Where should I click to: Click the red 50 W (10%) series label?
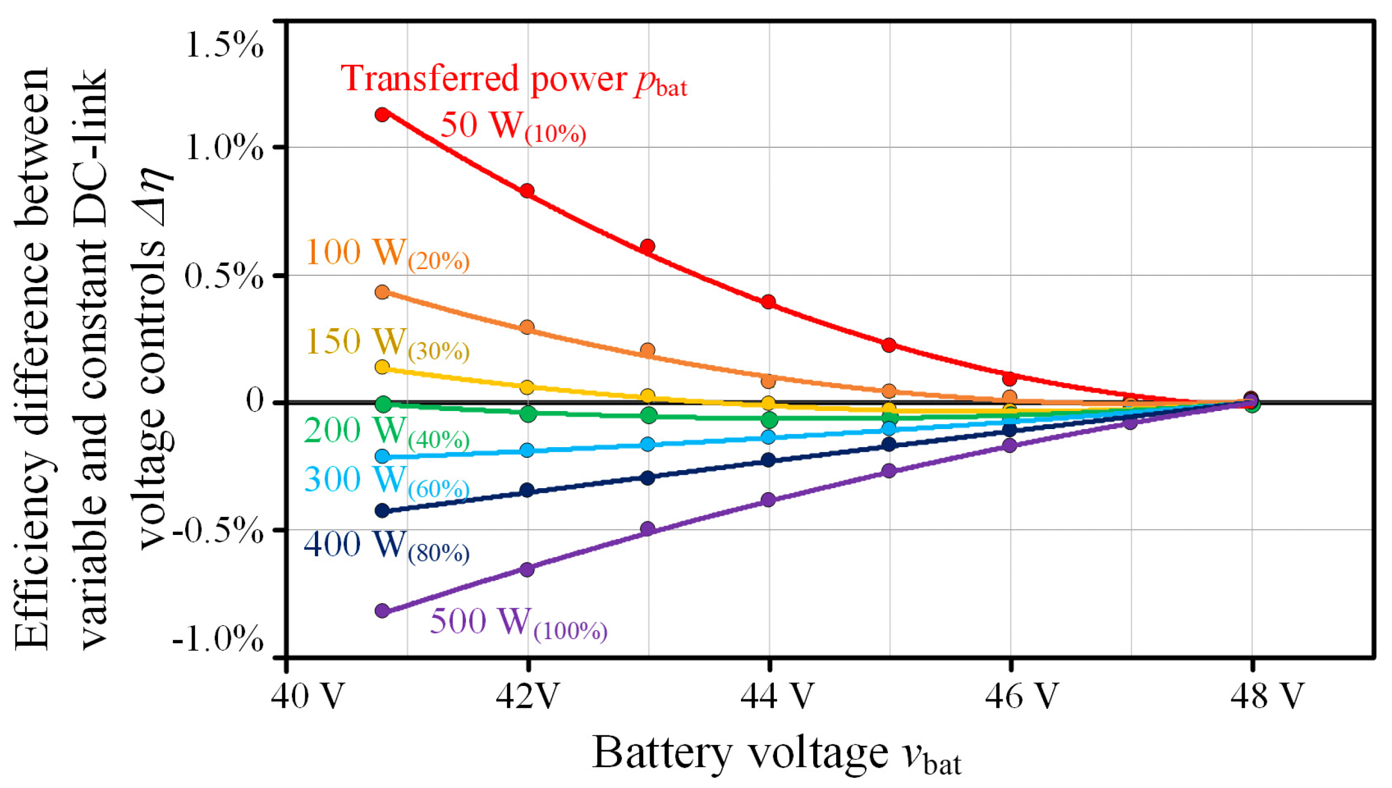pyautogui.click(x=513, y=126)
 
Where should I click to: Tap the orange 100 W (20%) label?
pyautogui.click(x=387, y=253)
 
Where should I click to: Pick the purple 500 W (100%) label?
pyautogui.click(x=518, y=622)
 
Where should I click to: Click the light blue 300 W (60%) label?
pyautogui.click(x=386, y=481)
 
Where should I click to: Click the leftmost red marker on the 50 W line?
pyautogui.click(x=382, y=114)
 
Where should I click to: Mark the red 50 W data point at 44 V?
pyautogui.click(x=768, y=301)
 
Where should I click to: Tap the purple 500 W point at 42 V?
pyautogui.click(x=527, y=569)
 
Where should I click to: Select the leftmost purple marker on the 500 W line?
pyautogui.click(x=382, y=610)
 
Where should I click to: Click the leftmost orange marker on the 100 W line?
pyautogui.click(x=382, y=292)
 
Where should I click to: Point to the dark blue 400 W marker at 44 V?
pyautogui.click(x=768, y=460)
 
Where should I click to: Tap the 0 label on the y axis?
pyautogui.click(x=254, y=401)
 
